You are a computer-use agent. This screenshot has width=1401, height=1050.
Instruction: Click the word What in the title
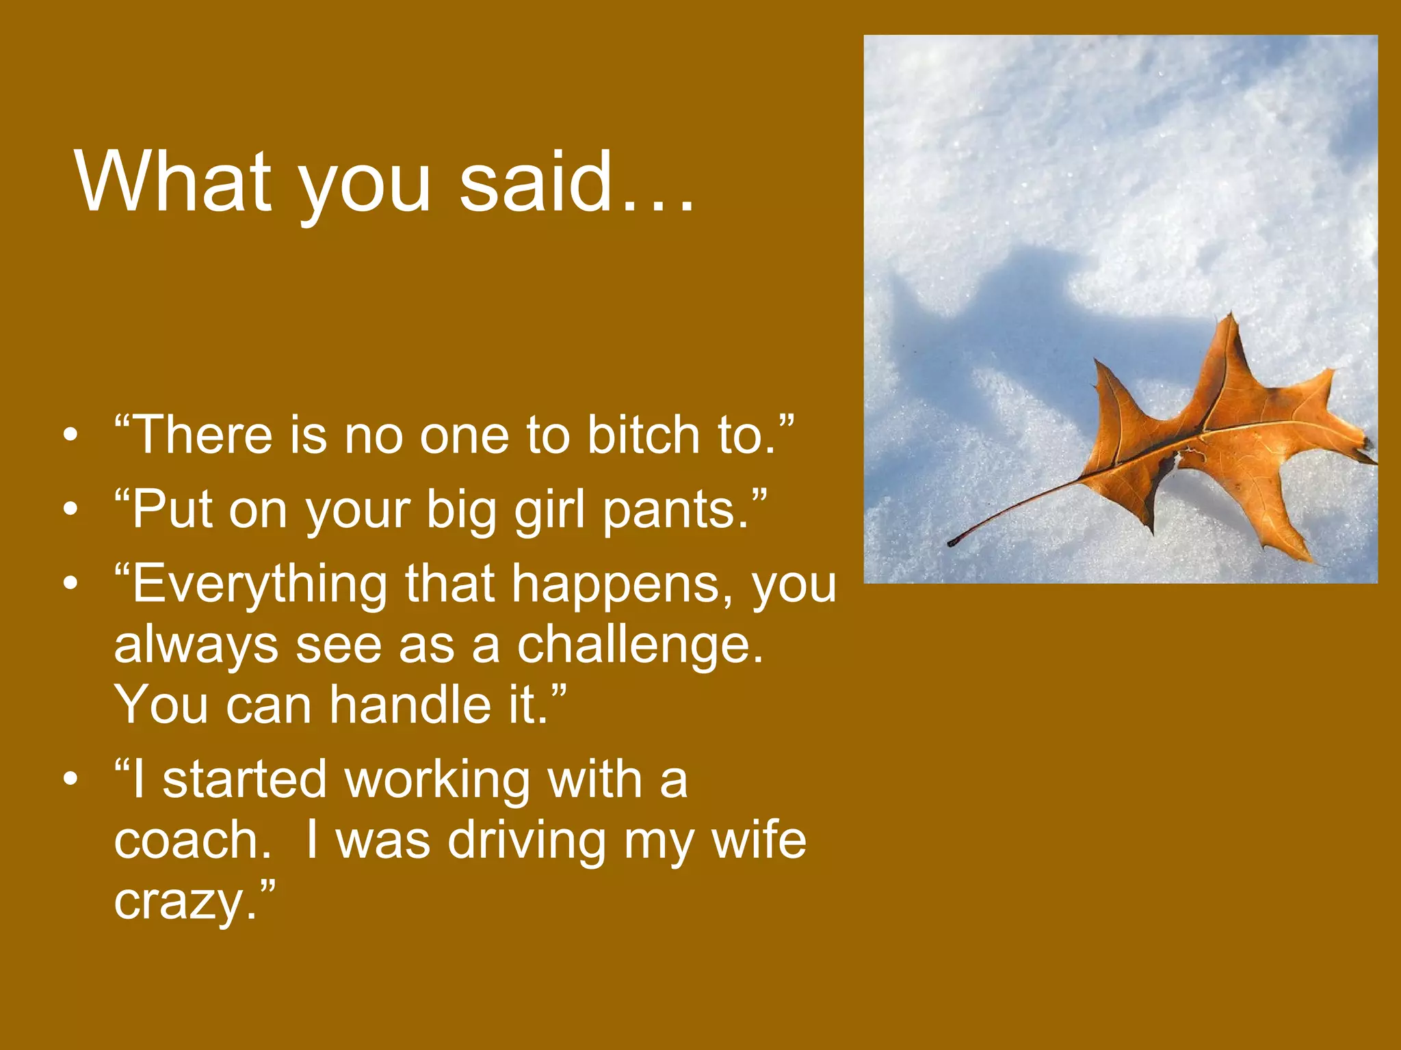(174, 181)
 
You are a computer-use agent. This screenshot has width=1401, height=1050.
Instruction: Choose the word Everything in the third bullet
(259, 585)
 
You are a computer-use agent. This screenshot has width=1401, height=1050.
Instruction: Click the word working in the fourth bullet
(438, 780)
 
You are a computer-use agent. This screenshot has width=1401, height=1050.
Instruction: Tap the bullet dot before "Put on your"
(70, 511)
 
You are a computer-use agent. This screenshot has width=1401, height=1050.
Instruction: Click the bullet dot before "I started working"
(70, 780)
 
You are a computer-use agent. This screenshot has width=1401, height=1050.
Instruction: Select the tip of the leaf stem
(952, 543)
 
